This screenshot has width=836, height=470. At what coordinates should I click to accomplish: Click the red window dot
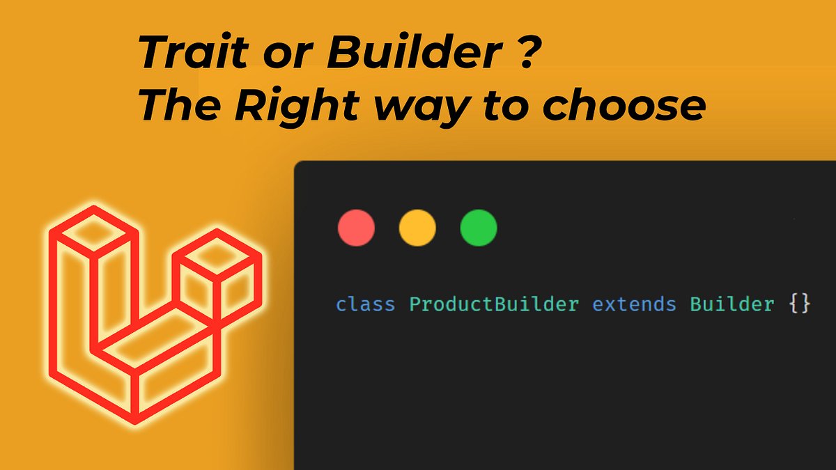click(x=356, y=228)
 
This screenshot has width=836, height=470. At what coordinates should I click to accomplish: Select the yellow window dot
click(x=417, y=228)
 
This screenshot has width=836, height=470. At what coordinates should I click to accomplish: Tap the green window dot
click(x=479, y=228)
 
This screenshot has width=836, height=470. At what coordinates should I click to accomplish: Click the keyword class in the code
click(x=365, y=305)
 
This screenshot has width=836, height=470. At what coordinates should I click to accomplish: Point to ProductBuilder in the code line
click(x=493, y=305)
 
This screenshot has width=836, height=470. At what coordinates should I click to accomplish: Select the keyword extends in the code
click(x=634, y=305)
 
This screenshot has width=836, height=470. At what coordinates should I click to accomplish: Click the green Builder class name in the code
click(x=732, y=305)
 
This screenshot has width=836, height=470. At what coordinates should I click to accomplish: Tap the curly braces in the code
click(x=801, y=305)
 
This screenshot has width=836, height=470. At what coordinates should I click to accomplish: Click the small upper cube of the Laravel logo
click(x=217, y=268)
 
